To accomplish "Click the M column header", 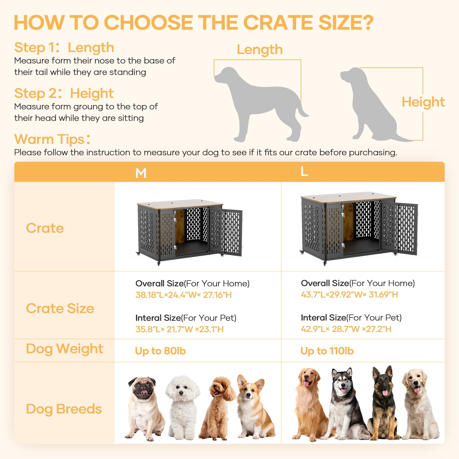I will [x=141, y=173].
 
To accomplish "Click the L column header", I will [x=304, y=172].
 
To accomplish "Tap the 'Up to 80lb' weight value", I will [x=160, y=351].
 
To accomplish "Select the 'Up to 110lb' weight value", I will [x=327, y=351].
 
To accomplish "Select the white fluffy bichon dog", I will [x=182, y=407].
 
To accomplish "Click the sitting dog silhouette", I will [x=370, y=106].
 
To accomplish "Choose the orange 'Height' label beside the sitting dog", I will [x=423, y=102].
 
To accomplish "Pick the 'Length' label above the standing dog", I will [x=260, y=50].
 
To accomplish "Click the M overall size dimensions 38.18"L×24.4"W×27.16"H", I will [x=183, y=295].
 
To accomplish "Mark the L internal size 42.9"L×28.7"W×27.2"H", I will [x=346, y=329].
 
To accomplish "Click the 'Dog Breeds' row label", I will [x=64, y=409].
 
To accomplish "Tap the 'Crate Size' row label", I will [x=60, y=308].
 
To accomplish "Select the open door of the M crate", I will [x=226, y=232].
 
